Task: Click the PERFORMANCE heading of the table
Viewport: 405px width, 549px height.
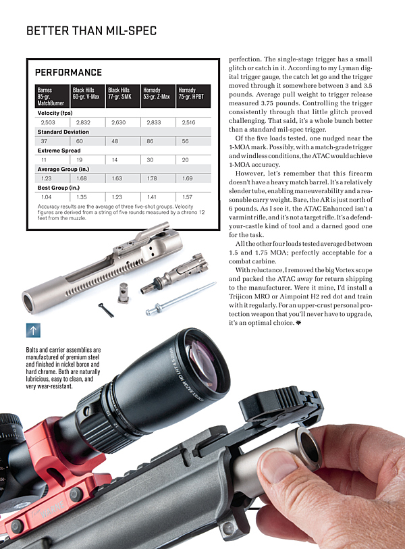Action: pos(68,72)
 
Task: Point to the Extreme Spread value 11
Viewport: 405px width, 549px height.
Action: pos(44,160)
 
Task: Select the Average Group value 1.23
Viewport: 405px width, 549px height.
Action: pos(47,178)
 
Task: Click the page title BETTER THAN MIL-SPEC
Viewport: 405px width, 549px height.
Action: pos(91,30)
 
